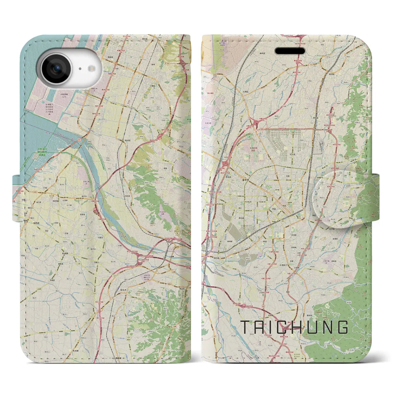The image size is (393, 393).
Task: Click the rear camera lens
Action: click(56, 69)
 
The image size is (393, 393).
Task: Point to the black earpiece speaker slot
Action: click(289, 51)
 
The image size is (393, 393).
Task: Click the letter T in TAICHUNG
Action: click(245, 327)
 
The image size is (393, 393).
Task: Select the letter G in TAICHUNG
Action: click(343, 327)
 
